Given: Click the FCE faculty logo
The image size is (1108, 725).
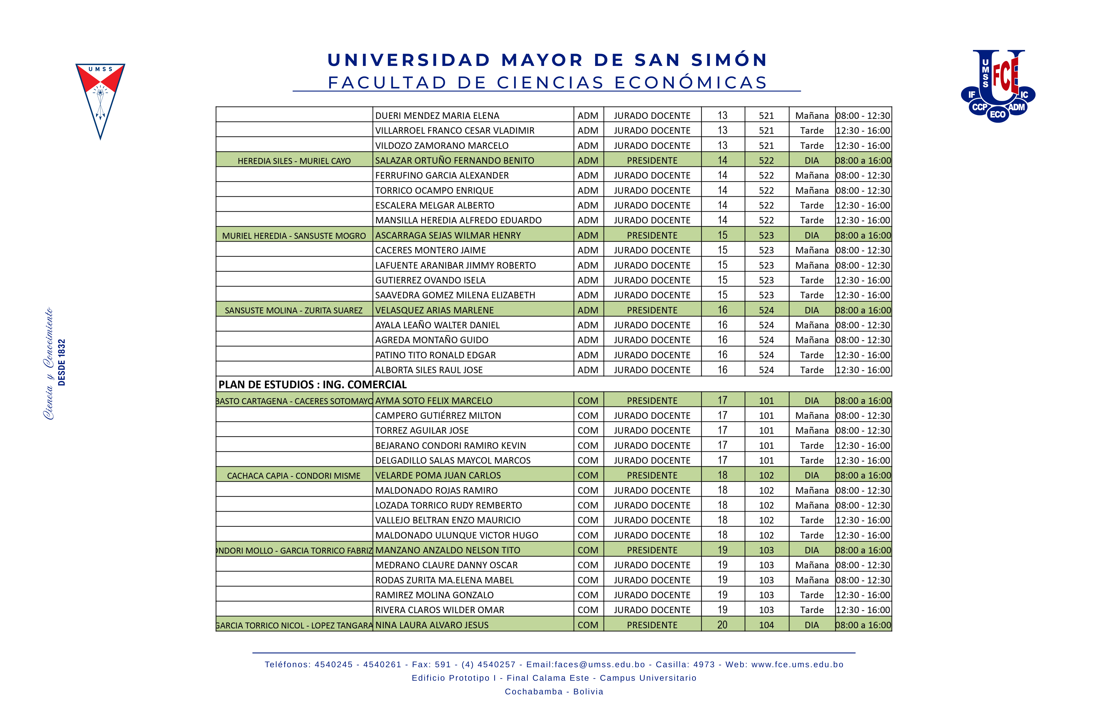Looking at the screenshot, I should click(x=998, y=86).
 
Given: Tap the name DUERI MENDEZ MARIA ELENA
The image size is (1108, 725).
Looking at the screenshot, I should click(x=437, y=115).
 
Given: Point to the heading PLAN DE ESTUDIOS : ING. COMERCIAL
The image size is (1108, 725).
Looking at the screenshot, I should click(x=312, y=384).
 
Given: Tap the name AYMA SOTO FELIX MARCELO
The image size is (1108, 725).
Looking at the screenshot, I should click(x=433, y=401).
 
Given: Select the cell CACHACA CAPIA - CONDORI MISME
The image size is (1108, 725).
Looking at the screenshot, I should click(x=294, y=476).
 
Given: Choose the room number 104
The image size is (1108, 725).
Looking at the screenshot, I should click(x=766, y=625).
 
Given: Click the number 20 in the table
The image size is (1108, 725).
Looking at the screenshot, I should click(x=722, y=625).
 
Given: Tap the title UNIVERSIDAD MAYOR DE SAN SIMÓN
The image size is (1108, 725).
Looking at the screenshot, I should click(x=547, y=60).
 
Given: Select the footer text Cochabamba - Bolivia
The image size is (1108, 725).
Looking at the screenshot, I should click(x=554, y=692).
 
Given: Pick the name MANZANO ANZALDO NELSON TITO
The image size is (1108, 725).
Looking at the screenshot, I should click(x=447, y=550).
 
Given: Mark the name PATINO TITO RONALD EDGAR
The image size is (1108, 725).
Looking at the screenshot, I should click(x=435, y=355).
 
